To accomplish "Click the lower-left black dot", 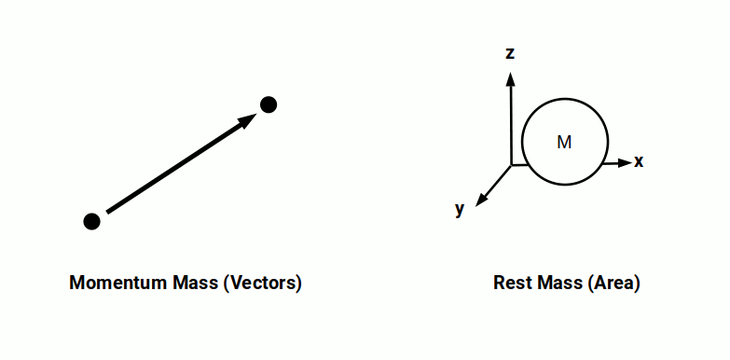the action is click(91, 221).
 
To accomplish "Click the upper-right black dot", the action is click(269, 104).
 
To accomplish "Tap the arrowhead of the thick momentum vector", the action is click(250, 118).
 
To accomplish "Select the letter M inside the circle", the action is click(564, 143).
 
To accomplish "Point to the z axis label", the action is click(510, 53).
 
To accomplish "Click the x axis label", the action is click(639, 161).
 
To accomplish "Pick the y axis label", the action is click(460, 209).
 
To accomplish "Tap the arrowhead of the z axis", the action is click(510, 77).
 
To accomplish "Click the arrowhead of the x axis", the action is click(625, 163).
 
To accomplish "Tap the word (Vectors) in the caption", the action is click(263, 284).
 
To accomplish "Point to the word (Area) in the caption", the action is click(613, 284).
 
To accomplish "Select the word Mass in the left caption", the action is click(194, 284).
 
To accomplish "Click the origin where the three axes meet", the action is click(511, 165).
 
